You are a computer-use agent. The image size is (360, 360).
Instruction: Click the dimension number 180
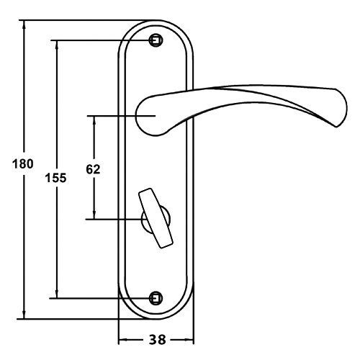[x=23, y=164]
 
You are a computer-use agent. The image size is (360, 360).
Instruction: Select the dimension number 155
[x=55, y=178]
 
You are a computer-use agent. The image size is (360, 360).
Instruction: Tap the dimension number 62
[x=93, y=169]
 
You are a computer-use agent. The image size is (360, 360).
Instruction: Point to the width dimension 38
[x=158, y=340]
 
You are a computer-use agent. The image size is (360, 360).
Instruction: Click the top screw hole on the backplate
[x=156, y=40]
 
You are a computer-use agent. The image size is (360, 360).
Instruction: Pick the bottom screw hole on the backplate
[x=156, y=298]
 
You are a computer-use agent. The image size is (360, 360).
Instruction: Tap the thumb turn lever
[x=156, y=218]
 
